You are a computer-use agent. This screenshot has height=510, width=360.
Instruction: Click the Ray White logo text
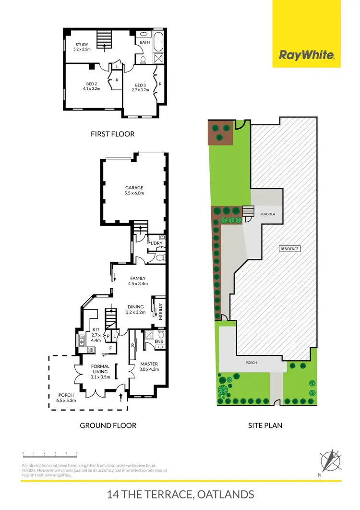[x=307, y=55]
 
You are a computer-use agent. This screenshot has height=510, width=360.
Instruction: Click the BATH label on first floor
[x=145, y=42]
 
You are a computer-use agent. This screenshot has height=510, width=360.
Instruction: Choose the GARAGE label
[x=134, y=188]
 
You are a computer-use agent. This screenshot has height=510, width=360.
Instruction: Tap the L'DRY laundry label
[x=157, y=243]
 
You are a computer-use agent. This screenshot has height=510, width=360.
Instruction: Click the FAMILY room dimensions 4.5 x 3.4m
[x=138, y=284]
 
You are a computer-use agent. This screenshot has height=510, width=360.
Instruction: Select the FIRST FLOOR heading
[x=113, y=134]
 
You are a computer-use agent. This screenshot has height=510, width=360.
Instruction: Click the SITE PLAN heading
[x=264, y=425]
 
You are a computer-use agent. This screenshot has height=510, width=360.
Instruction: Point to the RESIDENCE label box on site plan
[x=290, y=249]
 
